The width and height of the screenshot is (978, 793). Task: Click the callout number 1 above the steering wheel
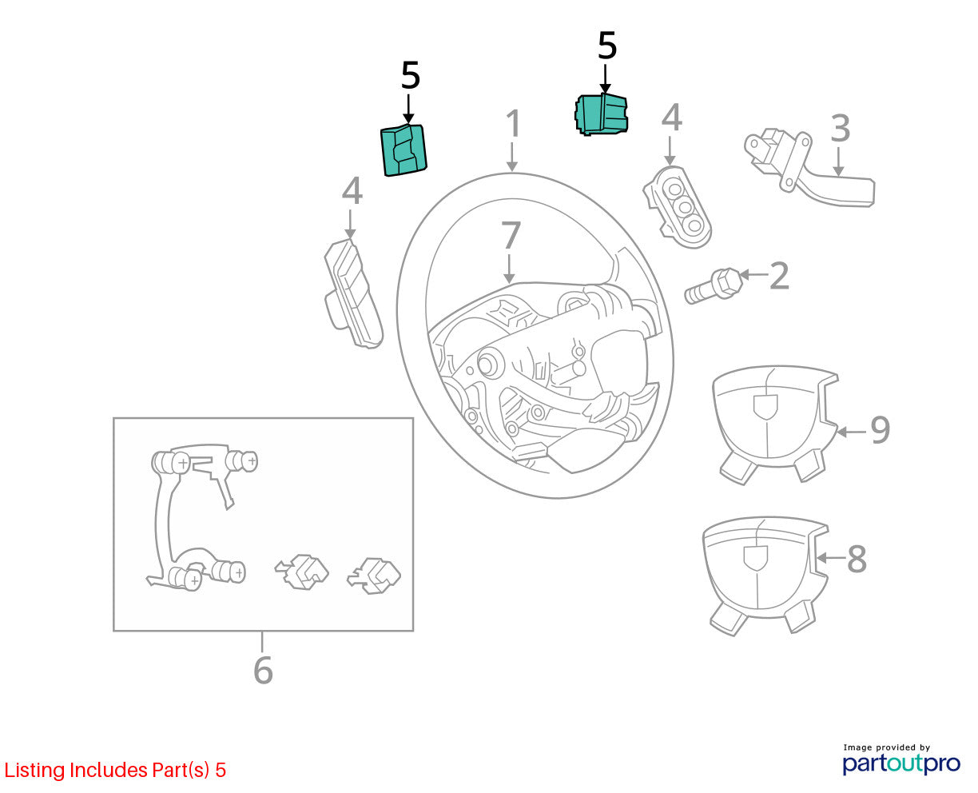[x=513, y=123]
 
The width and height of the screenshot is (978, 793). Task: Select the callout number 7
[x=511, y=235]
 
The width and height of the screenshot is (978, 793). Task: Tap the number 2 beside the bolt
[x=779, y=276]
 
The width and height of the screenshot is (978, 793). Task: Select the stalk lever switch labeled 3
[x=809, y=168]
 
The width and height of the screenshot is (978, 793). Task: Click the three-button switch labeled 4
[x=678, y=207]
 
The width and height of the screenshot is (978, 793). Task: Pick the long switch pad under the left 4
[x=353, y=293]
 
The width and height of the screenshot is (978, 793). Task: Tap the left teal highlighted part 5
[x=404, y=149]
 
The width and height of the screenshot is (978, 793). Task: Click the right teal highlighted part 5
[x=601, y=114]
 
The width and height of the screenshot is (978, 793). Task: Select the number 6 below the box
[x=263, y=671]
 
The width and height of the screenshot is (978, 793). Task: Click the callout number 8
[x=857, y=559]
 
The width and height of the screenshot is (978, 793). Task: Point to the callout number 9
[x=880, y=430]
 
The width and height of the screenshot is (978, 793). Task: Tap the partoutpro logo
[x=900, y=763]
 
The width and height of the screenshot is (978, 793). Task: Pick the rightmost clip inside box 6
[x=374, y=576]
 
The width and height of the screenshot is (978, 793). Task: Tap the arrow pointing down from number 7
[x=508, y=269]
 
